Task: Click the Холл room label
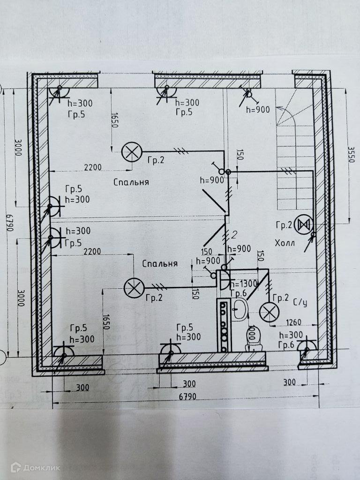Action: [x=285, y=243]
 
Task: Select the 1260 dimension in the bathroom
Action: [x=293, y=322]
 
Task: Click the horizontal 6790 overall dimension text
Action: [x=186, y=397]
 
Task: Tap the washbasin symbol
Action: [x=240, y=310]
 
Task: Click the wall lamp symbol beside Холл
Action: [x=303, y=225]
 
